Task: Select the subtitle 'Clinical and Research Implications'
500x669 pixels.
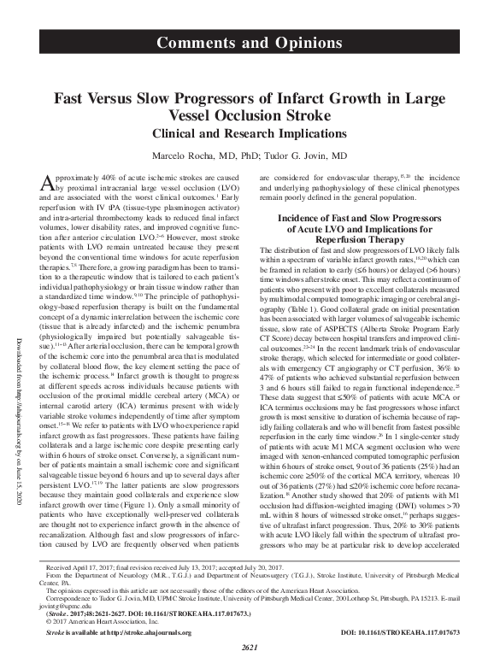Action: pos(250,134)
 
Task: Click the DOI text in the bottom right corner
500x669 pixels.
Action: pos(413,633)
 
